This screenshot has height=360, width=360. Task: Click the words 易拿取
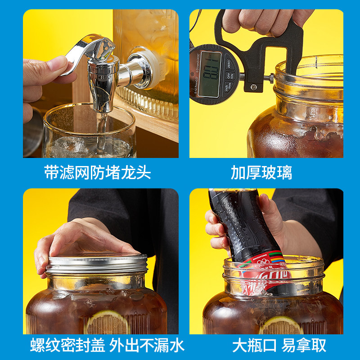pos(304,345)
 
